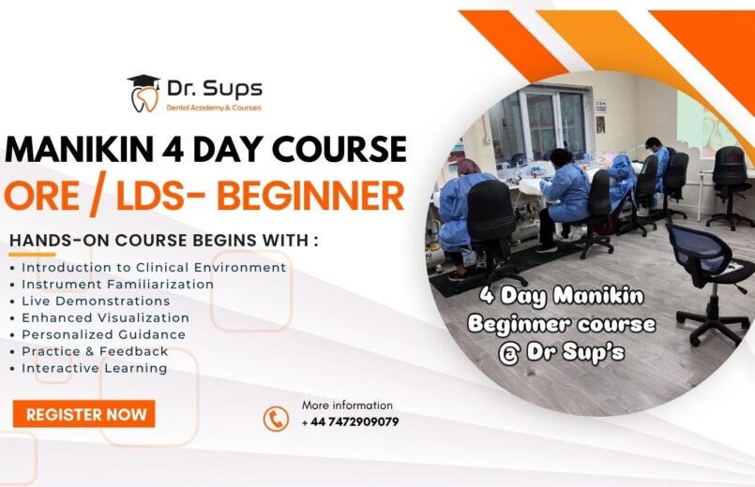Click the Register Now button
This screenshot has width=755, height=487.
pos(83,414)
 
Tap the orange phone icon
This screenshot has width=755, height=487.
pos(276,419)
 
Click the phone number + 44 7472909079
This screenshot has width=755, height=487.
pos(350,422)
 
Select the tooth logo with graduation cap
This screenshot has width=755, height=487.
pos(144,94)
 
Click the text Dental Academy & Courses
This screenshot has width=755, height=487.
pos(214,108)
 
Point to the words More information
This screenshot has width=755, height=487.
pos(347,406)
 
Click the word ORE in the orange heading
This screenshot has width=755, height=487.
pos(41,196)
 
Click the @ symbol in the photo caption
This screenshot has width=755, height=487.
pos(508,354)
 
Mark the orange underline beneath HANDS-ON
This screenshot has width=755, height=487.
pos(32,255)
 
